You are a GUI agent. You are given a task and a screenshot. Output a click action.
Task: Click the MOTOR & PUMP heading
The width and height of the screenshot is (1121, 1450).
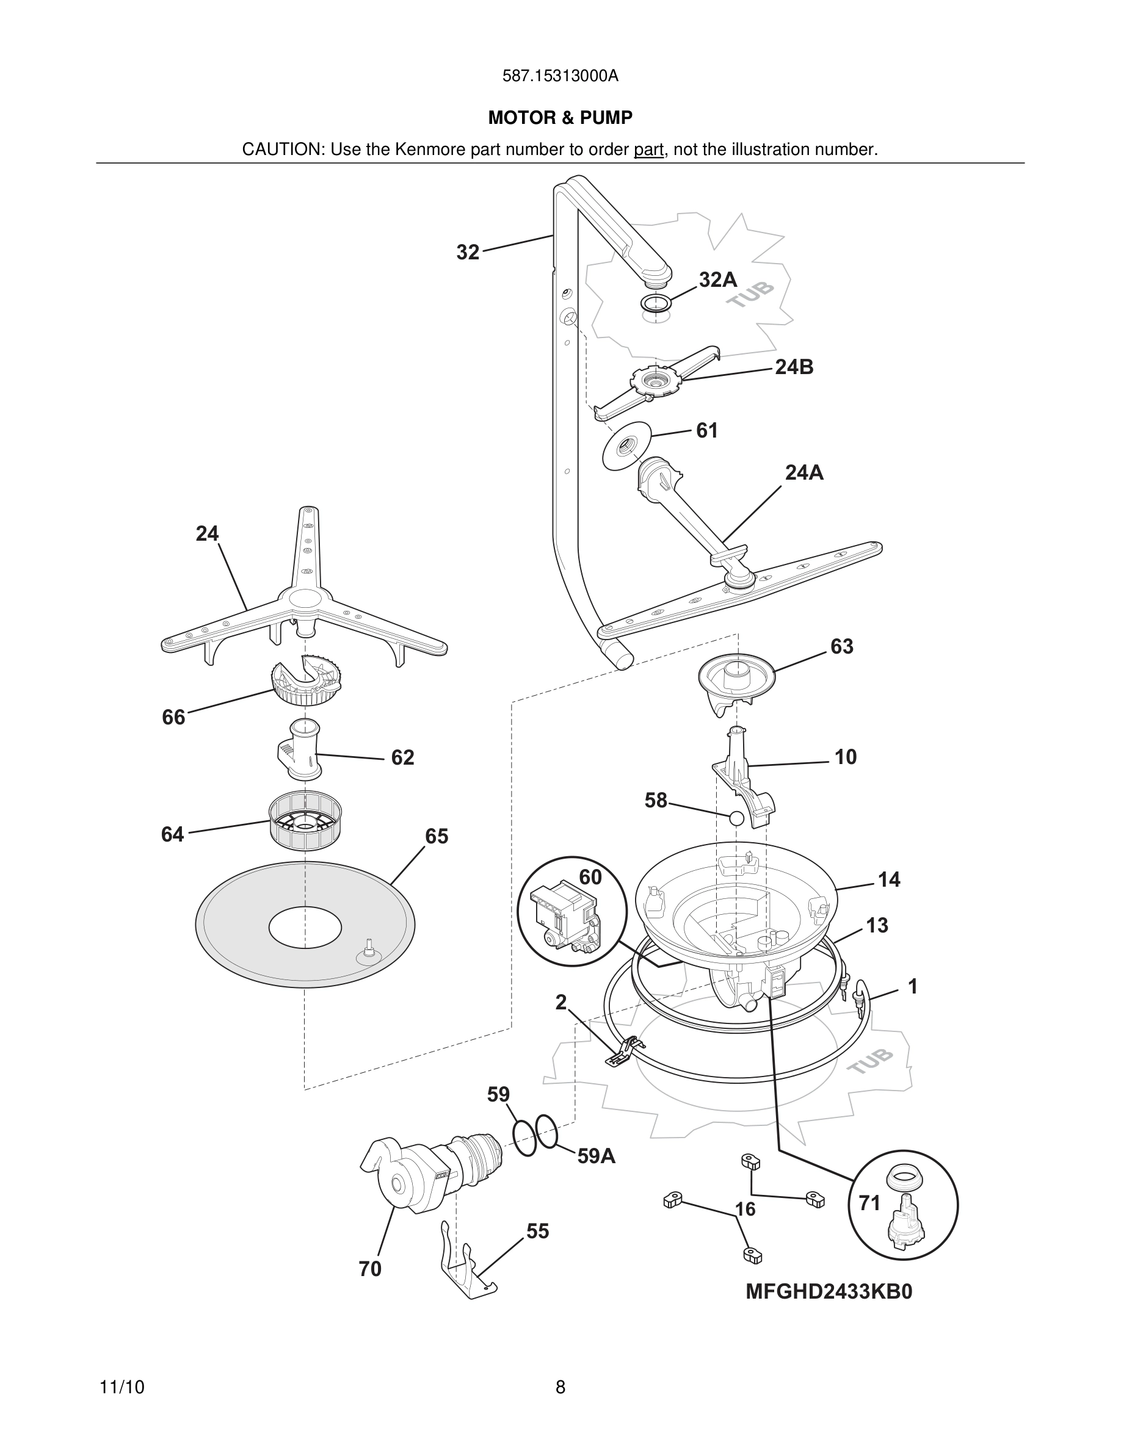(x=560, y=118)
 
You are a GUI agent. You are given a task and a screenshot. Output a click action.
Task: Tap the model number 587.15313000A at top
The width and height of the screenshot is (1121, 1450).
(x=560, y=76)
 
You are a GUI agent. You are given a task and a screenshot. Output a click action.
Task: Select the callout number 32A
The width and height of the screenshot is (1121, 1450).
(x=718, y=280)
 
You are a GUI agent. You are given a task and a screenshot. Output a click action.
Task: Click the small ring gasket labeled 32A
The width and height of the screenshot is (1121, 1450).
(x=656, y=303)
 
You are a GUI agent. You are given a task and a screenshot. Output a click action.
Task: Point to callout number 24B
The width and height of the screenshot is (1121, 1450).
(x=794, y=367)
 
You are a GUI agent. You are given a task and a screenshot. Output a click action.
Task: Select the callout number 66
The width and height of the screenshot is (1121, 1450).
(x=174, y=717)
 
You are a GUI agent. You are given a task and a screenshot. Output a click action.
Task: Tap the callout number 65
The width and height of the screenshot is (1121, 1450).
(x=437, y=837)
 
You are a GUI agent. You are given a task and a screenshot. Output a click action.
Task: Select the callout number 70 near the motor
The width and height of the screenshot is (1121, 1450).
(x=370, y=1269)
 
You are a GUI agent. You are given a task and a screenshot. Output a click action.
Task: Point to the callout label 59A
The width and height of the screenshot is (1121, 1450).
(x=596, y=1156)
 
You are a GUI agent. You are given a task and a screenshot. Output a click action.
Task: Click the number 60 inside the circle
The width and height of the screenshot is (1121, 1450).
(x=590, y=877)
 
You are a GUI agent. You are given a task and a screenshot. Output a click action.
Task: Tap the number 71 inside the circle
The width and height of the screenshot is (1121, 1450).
(x=869, y=1202)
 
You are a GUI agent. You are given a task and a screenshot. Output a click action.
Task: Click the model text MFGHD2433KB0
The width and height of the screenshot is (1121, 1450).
(x=828, y=1291)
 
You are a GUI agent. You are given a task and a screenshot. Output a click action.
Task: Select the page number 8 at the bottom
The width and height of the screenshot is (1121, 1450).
(x=560, y=1387)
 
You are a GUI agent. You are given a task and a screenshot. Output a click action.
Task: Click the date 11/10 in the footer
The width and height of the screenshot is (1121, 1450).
(x=122, y=1387)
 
